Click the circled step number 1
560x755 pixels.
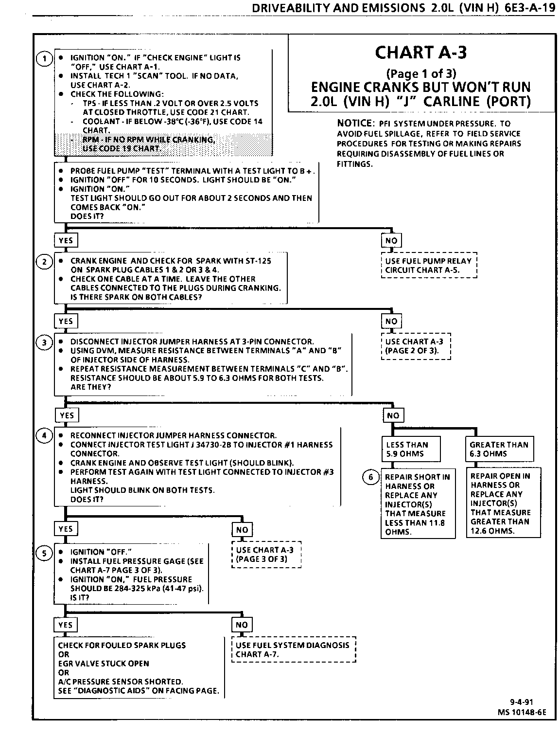[x=44, y=59]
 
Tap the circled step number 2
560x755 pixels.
[x=44, y=262]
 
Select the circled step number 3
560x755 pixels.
[x=44, y=343]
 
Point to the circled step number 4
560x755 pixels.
[x=44, y=436]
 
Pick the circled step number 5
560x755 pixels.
[x=44, y=553]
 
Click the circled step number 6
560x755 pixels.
[x=371, y=477]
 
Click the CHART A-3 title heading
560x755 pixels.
[x=421, y=53]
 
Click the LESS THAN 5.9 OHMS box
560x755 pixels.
[x=411, y=449]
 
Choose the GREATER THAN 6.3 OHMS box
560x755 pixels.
[x=499, y=449]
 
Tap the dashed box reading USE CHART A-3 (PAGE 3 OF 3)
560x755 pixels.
[x=266, y=555]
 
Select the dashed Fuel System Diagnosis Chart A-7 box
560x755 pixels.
[x=293, y=649]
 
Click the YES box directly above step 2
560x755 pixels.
[x=66, y=240]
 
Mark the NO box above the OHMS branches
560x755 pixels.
[x=393, y=415]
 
